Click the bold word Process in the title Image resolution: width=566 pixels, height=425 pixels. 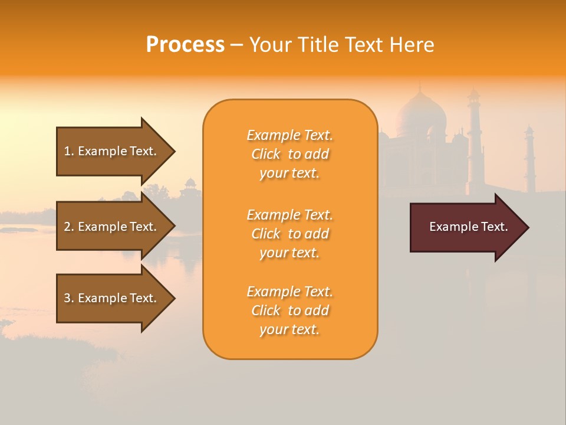click(x=185, y=45)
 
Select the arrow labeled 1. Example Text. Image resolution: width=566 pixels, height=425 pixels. click(x=110, y=151)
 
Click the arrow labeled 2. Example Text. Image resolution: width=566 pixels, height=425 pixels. click(x=110, y=227)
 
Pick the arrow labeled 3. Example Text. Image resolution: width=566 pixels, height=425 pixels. click(x=110, y=298)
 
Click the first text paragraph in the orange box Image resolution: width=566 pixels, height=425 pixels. click(x=289, y=154)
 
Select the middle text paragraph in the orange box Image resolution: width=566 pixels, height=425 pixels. click(x=289, y=234)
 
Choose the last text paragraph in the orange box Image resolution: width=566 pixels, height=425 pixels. click(x=289, y=310)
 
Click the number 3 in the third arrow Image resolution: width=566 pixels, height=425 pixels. click(x=67, y=298)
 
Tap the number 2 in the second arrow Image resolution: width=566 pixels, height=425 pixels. click(x=67, y=227)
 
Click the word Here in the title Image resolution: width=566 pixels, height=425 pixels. click(x=413, y=45)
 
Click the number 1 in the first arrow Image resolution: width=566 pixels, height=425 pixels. click(x=67, y=151)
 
